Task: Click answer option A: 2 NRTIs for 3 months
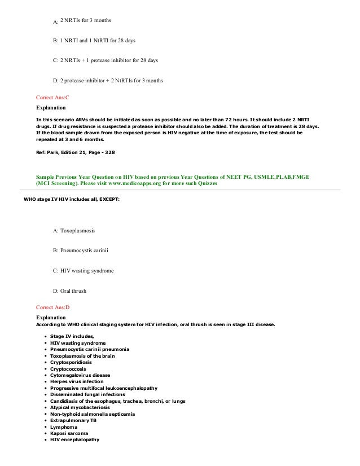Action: click(82, 21)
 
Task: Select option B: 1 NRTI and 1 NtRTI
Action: click(94, 41)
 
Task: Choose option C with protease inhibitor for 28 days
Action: click(105, 60)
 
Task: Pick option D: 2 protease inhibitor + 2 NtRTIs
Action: click(107, 80)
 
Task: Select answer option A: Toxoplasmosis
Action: click(74, 231)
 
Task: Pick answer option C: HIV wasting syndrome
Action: click(83, 271)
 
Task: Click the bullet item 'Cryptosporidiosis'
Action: click(72, 362)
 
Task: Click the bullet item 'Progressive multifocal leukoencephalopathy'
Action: click(103, 388)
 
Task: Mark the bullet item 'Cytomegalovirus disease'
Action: click(80, 375)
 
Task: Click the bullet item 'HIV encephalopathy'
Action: click(74, 440)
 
